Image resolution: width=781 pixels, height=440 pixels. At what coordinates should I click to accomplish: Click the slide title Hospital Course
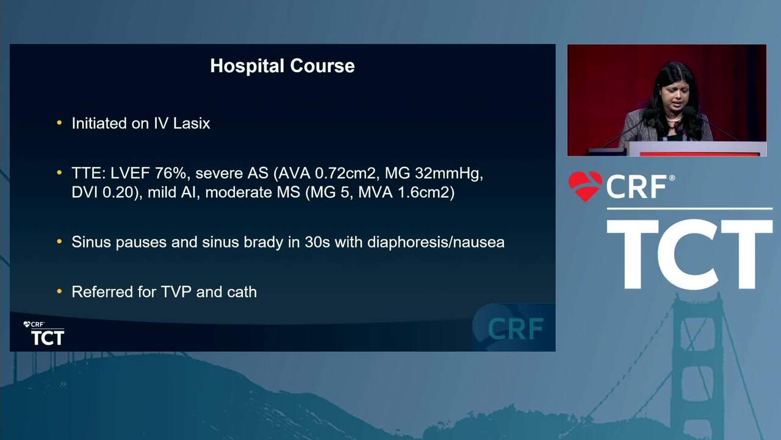(283, 65)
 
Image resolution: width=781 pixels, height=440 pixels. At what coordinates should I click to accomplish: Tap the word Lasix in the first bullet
(192, 123)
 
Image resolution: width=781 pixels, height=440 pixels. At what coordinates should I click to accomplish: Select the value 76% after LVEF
(170, 173)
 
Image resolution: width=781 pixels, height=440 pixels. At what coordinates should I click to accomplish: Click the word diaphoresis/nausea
(436, 242)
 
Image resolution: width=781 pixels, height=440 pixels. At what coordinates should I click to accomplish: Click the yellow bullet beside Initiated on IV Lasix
(59, 123)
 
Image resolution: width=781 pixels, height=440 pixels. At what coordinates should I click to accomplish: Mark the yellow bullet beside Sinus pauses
(59, 241)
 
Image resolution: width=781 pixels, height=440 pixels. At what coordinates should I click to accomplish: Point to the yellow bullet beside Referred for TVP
(59, 291)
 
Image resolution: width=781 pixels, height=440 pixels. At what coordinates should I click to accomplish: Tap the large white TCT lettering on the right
(689, 255)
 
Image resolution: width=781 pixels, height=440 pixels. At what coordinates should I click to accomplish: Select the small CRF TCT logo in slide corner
(45, 333)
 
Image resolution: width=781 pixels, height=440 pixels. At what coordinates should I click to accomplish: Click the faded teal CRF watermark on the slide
(516, 329)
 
